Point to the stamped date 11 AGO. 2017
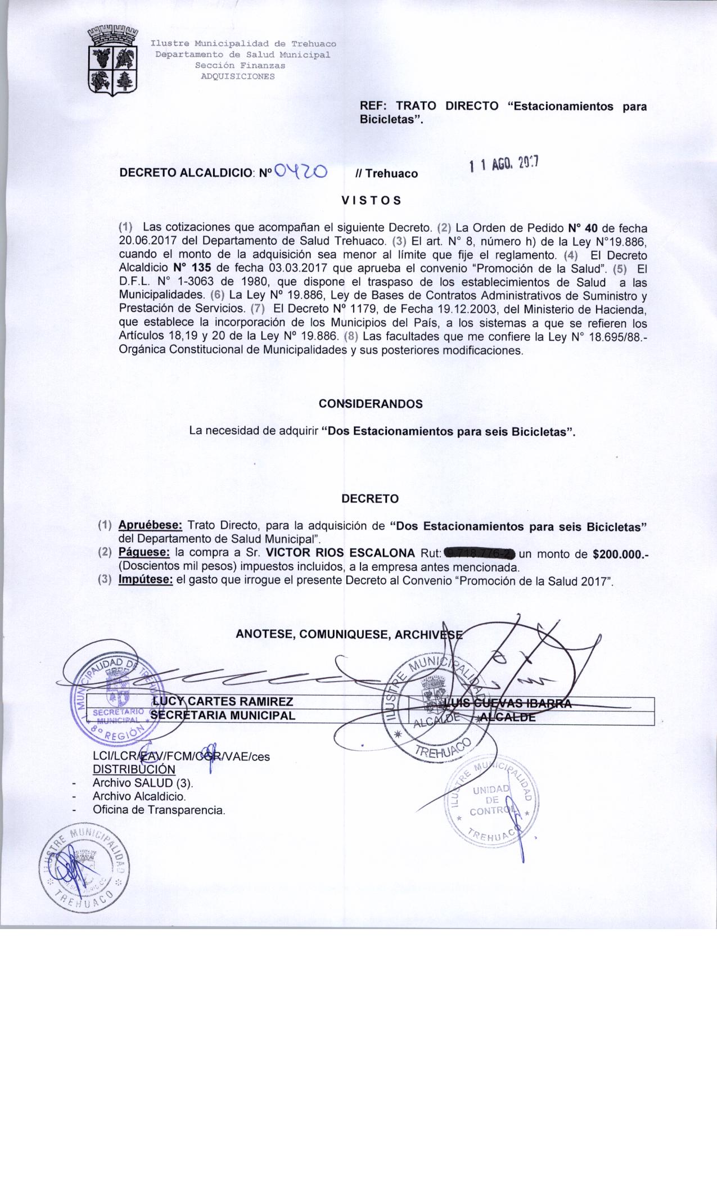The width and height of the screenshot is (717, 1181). pyautogui.click(x=504, y=164)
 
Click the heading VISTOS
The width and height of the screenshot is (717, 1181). pyautogui.click(x=371, y=200)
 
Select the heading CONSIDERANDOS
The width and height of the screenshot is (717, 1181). pyautogui.click(x=371, y=404)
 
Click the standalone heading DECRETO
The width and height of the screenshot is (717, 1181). pyautogui.click(x=370, y=499)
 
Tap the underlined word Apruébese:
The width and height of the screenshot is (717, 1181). pyautogui.click(x=150, y=526)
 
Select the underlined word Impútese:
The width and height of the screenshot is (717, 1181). pyautogui.click(x=145, y=580)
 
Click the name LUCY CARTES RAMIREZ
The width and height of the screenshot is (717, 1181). pyautogui.click(x=223, y=701)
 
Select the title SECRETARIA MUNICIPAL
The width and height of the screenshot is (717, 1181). pyautogui.click(x=223, y=715)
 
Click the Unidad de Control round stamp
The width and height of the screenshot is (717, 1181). pyautogui.click(x=490, y=802)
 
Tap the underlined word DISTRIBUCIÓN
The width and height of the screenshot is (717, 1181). pyautogui.click(x=134, y=769)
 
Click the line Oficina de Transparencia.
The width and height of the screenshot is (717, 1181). pyautogui.click(x=159, y=810)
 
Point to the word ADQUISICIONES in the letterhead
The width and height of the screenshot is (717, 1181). pyautogui.click(x=238, y=76)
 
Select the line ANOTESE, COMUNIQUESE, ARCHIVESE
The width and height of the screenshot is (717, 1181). pyautogui.click(x=349, y=634)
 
